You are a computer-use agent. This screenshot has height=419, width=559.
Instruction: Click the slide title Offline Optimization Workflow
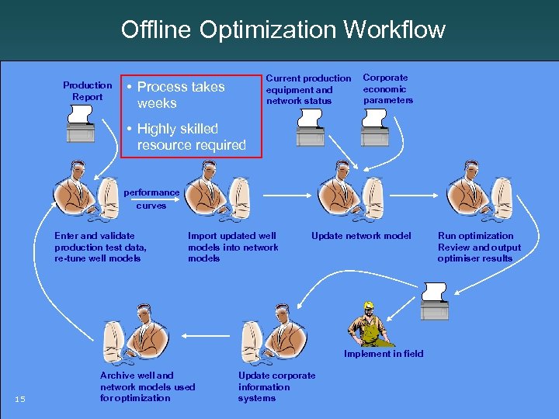(283, 29)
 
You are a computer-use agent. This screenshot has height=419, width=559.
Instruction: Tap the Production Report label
(87, 91)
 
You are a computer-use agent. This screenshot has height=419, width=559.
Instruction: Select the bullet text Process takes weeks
(180, 95)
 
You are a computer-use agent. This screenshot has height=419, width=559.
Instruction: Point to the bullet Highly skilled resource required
(190, 137)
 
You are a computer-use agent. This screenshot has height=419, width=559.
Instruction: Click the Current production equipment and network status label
(308, 89)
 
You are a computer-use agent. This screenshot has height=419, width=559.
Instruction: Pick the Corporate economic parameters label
(387, 88)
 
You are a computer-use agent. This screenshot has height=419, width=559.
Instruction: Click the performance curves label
(151, 199)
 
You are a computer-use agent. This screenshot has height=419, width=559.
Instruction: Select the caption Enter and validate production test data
(100, 247)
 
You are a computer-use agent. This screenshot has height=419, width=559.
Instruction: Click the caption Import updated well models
(233, 247)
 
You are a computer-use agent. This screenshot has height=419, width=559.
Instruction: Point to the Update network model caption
(361, 236)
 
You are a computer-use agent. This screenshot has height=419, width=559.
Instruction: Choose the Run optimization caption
(478, 247)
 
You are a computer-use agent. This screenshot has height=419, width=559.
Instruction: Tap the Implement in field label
(384, 354)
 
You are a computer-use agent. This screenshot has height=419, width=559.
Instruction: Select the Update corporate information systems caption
(276, 386)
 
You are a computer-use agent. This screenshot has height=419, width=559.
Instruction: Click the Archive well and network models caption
(148, 386)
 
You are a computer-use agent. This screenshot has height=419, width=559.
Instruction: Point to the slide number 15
(21, 400)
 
